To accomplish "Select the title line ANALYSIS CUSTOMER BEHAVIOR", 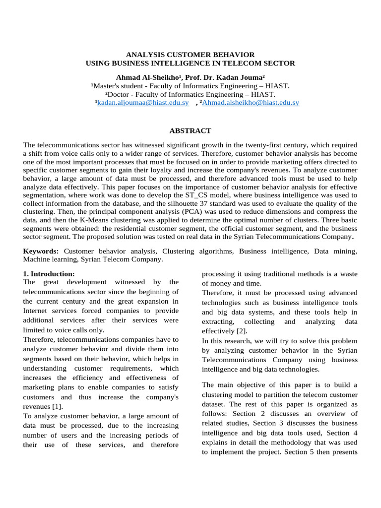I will [190, 55].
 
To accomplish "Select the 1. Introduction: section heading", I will [49, 274].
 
